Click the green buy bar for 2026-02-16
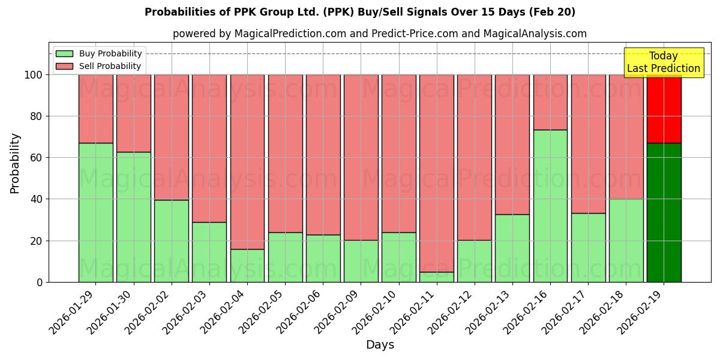point(550,206)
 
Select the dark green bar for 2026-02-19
point(664,212)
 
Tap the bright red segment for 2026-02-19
point(664,109)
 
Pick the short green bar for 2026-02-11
point(437,277)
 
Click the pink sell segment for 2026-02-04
point(247,161)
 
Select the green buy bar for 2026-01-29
point(95,212)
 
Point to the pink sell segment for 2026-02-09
point(361,157)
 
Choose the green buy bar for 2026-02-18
point(626,240)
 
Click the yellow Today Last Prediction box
point(663,62)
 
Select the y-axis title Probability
point(15,163)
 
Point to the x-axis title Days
point(380,345)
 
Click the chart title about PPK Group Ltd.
point(360,12)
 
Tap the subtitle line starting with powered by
point(379,34)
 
